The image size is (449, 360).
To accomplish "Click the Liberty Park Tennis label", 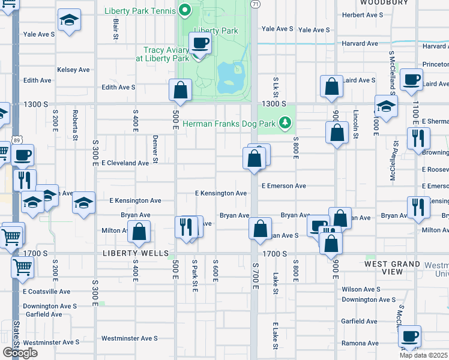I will click(x=141, y=11).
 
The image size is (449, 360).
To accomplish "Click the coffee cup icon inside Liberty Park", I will click(x=200, y=43).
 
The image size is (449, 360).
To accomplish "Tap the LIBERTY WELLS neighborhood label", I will click(x=136, y=253).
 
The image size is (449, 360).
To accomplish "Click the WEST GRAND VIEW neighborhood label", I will click(x=392, y=268).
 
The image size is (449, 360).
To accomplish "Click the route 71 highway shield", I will click(x=255, y=4).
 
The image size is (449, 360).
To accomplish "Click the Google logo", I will click(x=20, y=353).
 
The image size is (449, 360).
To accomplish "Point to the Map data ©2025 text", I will click(x=423, y=355).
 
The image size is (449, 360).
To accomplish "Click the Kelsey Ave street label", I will click(x=73, y=70).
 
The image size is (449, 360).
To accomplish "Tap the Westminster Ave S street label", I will click(x=129, y=338).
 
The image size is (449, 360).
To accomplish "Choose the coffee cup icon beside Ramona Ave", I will click(x=409, y=337).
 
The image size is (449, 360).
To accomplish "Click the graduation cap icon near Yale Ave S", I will click(x=70, y=21).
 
